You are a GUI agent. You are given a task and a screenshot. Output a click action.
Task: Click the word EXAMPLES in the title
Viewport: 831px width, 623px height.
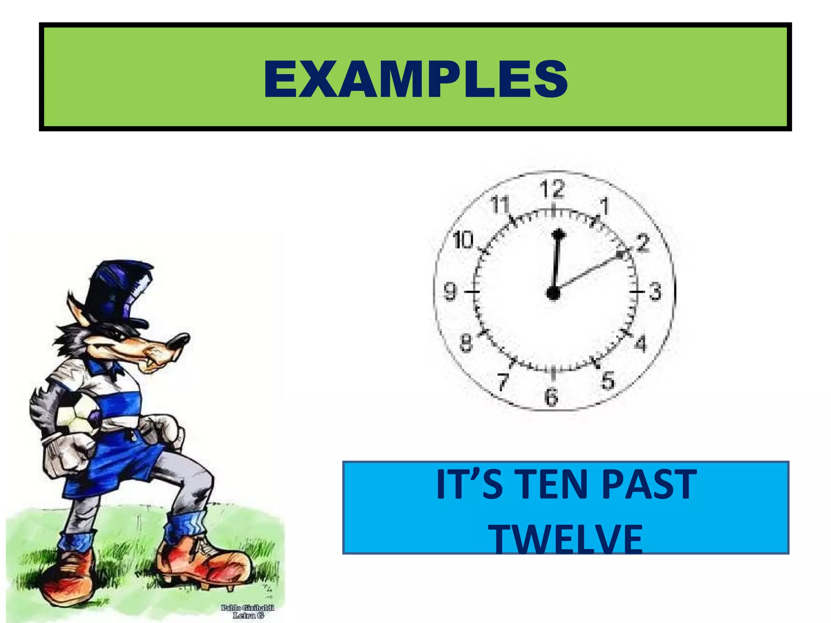tap(415, 79)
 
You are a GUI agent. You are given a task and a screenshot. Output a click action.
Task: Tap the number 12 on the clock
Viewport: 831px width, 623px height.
tap(552, 189)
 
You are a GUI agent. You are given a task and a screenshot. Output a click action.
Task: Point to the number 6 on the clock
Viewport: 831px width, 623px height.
tap(551, 396)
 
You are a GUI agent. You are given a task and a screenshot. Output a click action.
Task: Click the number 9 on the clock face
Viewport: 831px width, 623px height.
tap(450, 291)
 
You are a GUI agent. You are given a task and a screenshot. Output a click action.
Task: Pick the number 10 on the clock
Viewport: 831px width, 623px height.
tap(463, 240)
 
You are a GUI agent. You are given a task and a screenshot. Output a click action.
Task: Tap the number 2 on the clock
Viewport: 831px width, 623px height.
tap(643, 243)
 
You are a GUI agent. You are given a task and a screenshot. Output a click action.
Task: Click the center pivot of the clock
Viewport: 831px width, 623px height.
tap(553, 292)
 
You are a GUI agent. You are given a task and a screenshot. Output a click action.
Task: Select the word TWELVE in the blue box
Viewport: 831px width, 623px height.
tap(567, 539)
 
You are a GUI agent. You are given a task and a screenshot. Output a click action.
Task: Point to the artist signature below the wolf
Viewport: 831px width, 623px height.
tap(248, 611)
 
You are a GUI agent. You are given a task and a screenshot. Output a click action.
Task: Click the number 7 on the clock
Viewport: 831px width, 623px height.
tap(503, 381)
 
